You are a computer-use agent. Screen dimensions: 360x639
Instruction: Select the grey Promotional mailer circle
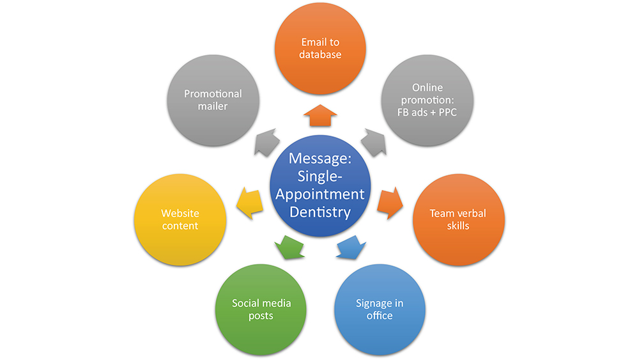point(213,100)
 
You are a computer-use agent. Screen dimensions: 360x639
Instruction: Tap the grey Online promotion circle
point(427,100)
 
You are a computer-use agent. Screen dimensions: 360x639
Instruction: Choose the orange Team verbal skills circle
point(458,219)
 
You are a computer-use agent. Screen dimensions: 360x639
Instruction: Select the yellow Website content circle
point(180,219)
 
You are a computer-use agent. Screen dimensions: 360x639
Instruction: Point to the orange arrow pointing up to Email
point(319,116)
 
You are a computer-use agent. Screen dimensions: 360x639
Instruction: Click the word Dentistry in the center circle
point(320,212)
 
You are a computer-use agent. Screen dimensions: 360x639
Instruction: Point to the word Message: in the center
point(320,158)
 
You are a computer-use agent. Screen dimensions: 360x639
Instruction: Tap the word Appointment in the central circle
point(320,194)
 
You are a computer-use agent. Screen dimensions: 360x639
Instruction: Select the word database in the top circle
point(320,55)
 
